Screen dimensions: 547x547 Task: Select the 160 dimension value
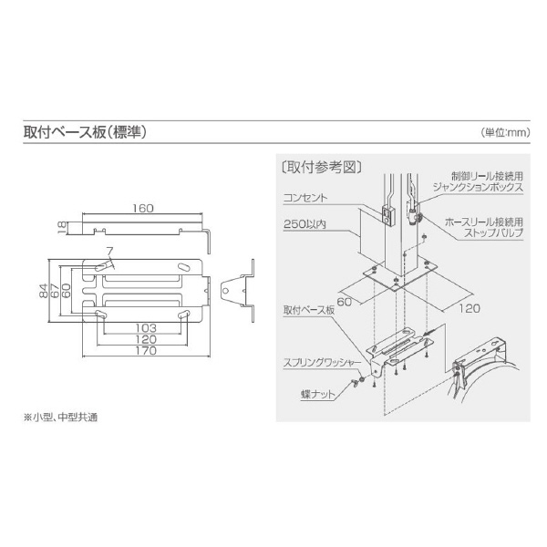click(x=142, y=208)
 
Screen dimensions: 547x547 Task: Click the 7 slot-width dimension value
click(x=108, y=251)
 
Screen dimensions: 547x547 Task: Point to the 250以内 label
click(x=305, y=223)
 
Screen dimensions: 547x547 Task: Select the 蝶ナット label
click(x=315, y=395)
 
